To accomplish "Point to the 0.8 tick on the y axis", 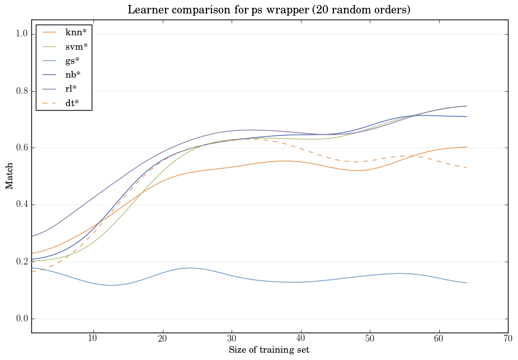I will [21, 91].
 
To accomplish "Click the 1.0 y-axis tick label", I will [21, 34].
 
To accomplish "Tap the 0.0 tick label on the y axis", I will [21, 319].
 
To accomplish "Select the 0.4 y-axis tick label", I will [21, 205].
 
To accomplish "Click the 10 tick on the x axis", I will [93, 339].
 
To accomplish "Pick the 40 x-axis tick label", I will [301, 339].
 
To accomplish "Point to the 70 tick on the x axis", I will [508, 339].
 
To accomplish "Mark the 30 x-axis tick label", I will [232, 339].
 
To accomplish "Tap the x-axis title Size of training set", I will [269, 350].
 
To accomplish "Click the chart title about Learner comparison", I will [269, 10].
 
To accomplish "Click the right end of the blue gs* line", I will [467, 283].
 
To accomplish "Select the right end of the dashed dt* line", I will [467, 168].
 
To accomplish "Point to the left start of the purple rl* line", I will [31, 236].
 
